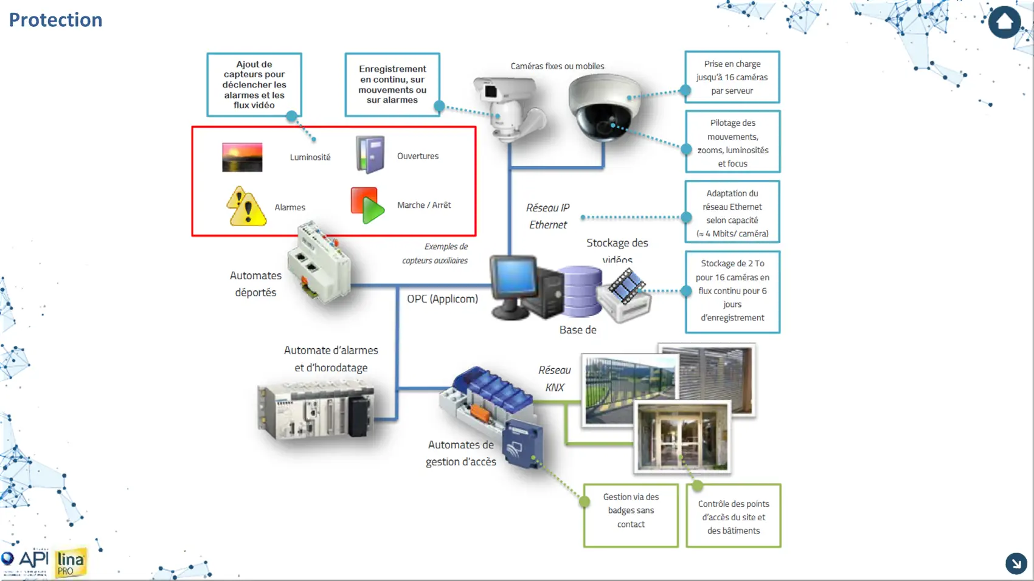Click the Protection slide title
(55, 20)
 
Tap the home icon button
(1004, 22)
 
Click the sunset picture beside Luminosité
(242, 157)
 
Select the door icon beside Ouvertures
(370, 155)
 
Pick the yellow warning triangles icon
(246, 207)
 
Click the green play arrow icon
(368, 206)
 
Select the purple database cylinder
(581, 291)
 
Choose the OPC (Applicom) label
(442, 299)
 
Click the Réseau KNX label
(554, 379)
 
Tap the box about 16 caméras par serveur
(732, 77)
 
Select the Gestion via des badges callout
(631, 515)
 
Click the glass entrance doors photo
(681, 437)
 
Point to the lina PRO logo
(71, 563)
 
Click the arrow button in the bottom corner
(1016, 563)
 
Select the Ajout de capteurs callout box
(254, 84)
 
